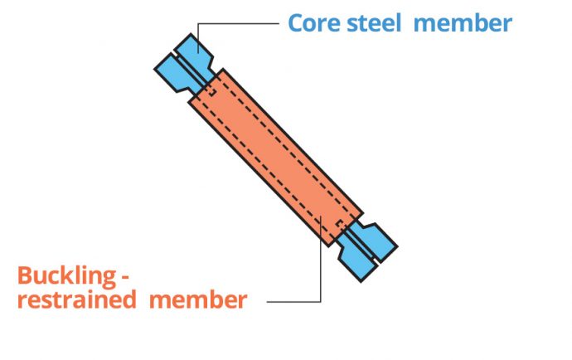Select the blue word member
[x=462, y=22]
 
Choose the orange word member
[x=197, y=299]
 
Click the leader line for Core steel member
[x=240, y=24]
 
